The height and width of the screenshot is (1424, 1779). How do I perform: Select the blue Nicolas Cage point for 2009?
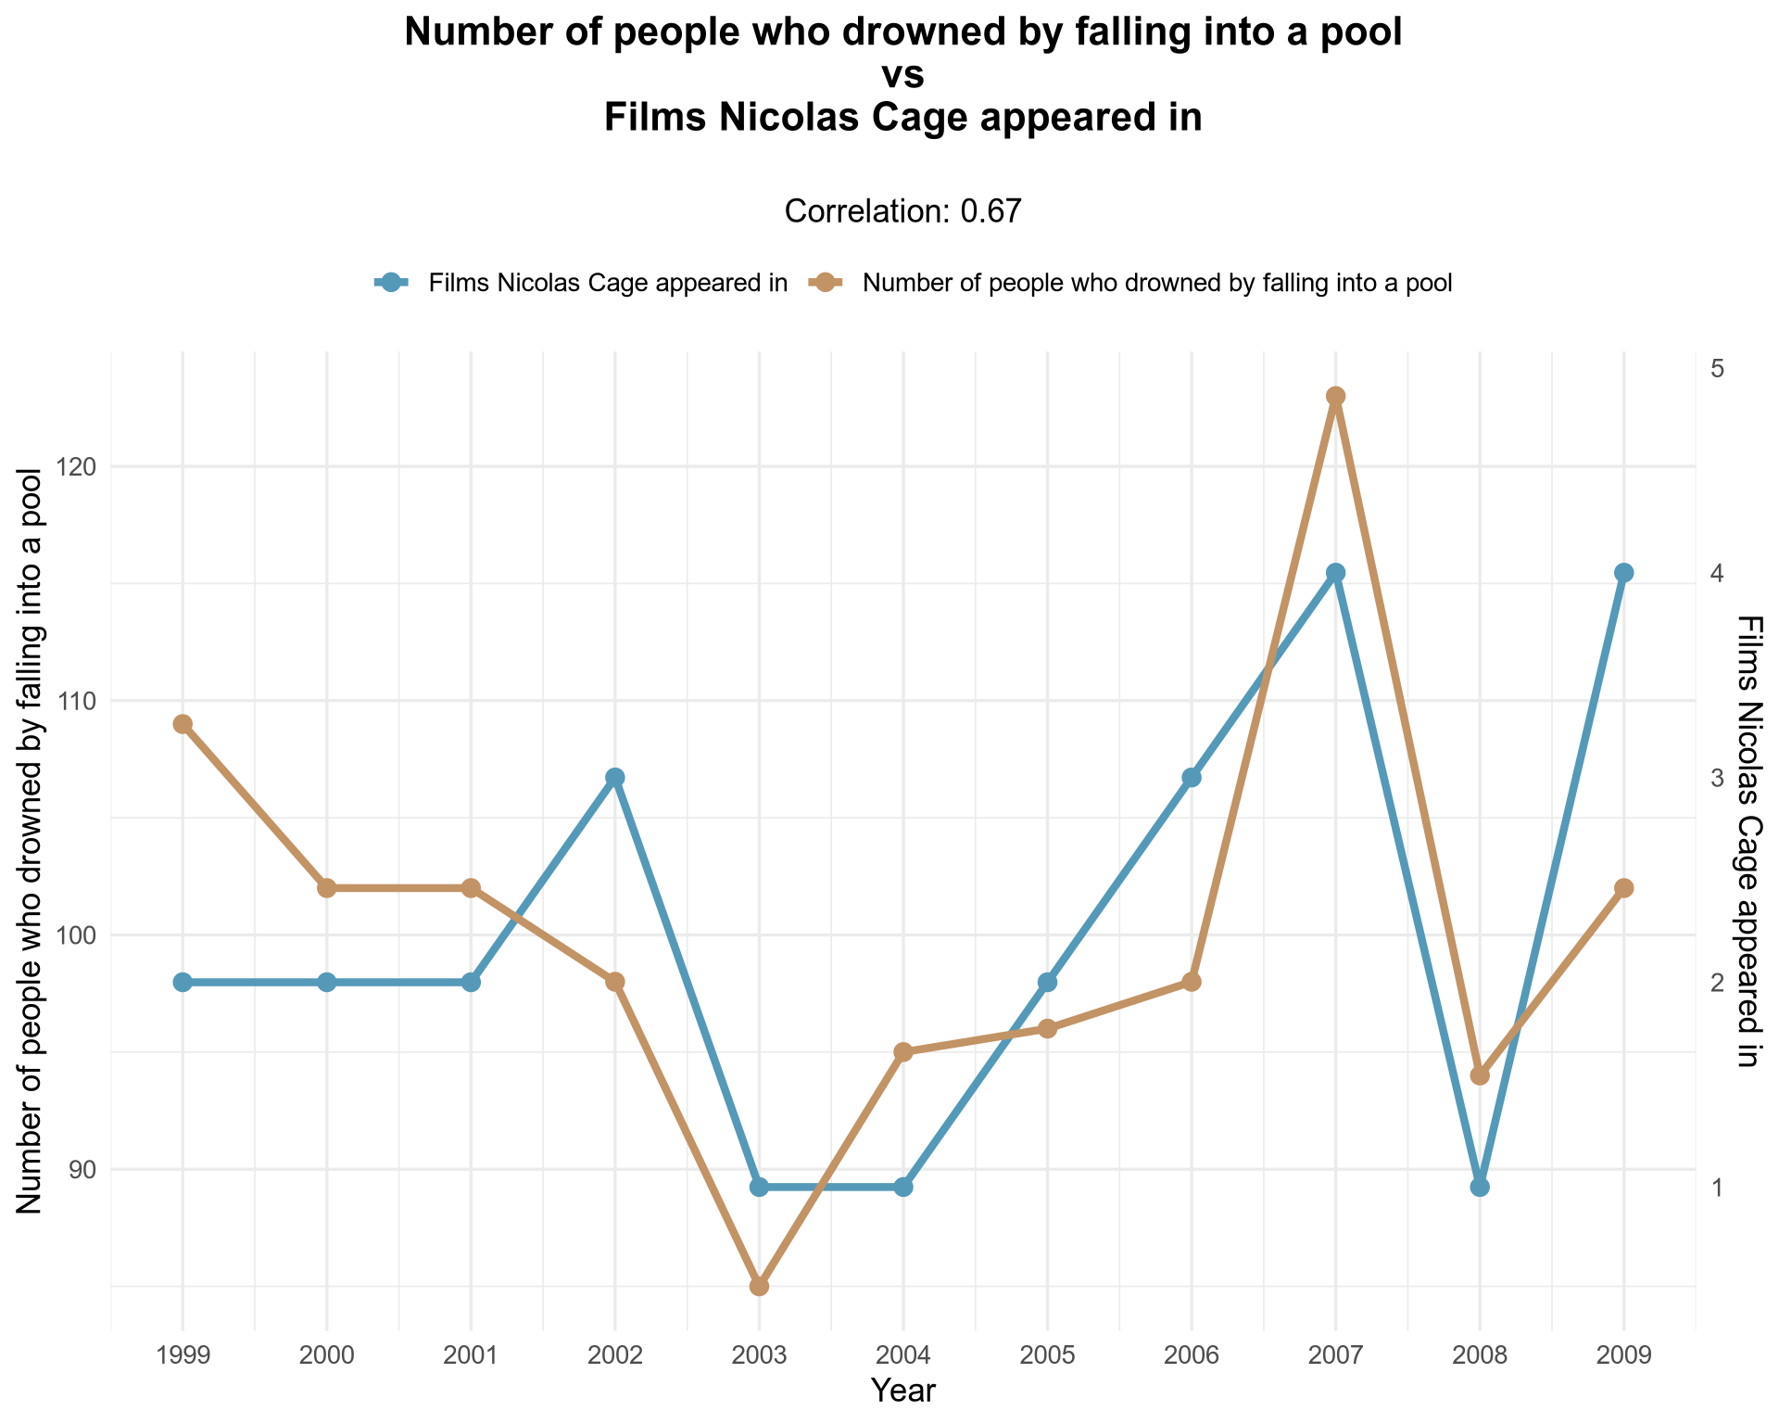point(1623,573)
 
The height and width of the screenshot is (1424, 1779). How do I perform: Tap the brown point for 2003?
point(759,1286)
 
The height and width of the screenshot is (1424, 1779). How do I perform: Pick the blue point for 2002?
point(615,777)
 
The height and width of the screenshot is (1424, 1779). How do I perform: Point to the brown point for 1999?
point(183,724)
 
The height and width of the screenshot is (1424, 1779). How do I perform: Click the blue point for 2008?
point(1480,1187)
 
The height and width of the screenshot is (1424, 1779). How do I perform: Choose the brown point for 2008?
point(1480,1075)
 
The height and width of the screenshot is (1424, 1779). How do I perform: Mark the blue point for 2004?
point(903,1187)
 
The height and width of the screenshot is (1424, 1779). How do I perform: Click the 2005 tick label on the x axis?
point(1047,1356)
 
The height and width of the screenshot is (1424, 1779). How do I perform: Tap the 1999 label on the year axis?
point(183,1356)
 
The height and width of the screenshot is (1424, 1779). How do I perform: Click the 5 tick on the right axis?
point(1716,368)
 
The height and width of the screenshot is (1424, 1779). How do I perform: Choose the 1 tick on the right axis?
point(1716,1187)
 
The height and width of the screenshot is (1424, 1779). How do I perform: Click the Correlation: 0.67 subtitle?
point(902,211)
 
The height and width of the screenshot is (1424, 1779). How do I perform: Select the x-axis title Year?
point(903,1391)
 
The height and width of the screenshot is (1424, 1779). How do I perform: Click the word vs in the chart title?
point(902,76)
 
